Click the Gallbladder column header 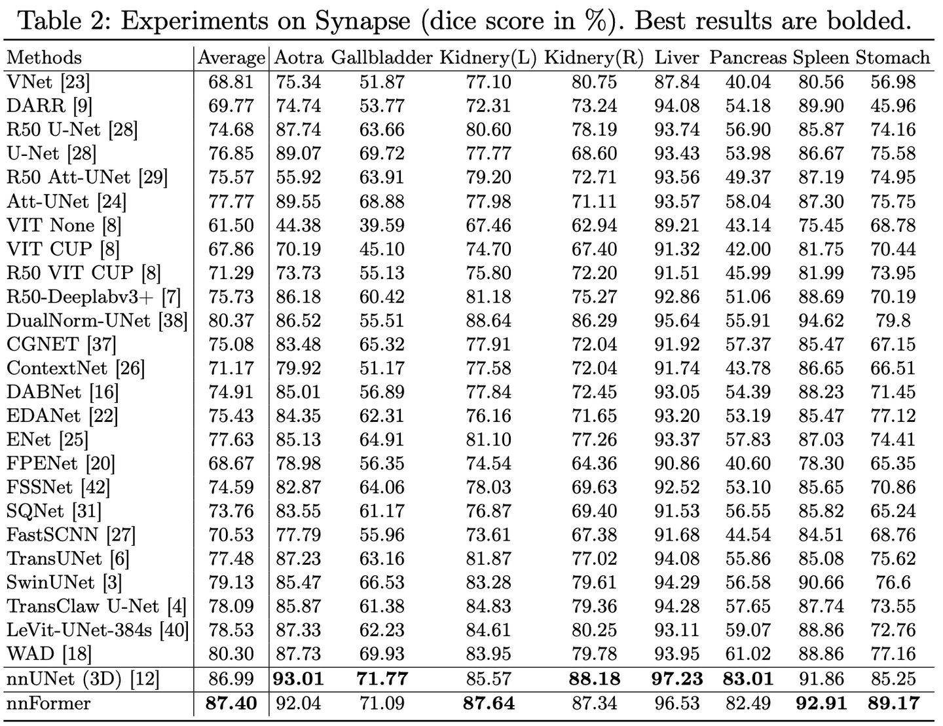pyautogui.click(x=382, y=58)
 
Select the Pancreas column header pyautogui.click(x=747, y=58)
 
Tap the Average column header pyautogui.click(x=231, y=58)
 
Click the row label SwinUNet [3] pyautogui.click(x=64, y=583)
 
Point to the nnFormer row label pyautogui.click(x=48, y=704)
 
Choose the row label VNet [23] pyautogui.click(x=48, y=82)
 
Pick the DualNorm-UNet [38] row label pyautogui.click(x=97, y=321)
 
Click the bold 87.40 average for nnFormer pyautogui.click(x=231, y=704)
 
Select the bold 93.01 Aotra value pyautogui.click(x=299, y=679)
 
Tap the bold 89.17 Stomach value pyautogui.click(x=893, y=704)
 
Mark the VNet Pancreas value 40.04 pyautogui.click(x=748, y=82)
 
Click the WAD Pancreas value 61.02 pyautogui.click(x=748, y=654)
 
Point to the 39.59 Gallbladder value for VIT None pyautogui.click(x=382, y=225)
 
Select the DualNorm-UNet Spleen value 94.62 pyautogui.click(x=821, y=321)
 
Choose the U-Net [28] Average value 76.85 pyautogui.click(x=231, y=154)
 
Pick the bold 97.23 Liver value pyautogui.click(x=677, y=679)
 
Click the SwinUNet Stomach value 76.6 pyautogui.click(x=893, y=583)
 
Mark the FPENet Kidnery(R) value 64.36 pyautogui.click(x=594, y=464)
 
